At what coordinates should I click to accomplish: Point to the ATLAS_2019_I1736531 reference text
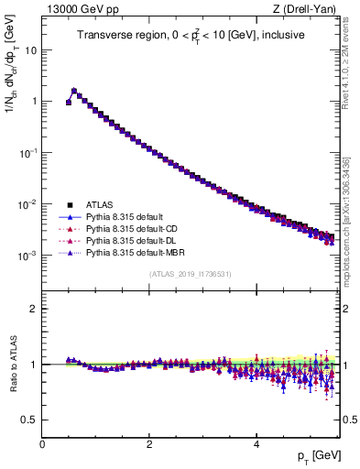190,274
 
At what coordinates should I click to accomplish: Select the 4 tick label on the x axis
256,443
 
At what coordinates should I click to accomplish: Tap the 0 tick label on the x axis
42,443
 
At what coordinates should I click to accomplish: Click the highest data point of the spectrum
74,91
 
